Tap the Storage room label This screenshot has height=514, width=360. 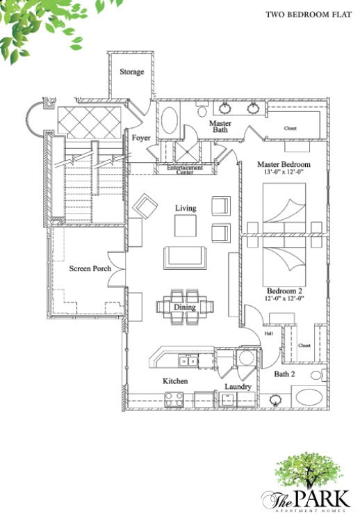[x=131, y=72]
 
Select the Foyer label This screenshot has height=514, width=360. [x=141, y=138]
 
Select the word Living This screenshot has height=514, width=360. [x=186, y=208]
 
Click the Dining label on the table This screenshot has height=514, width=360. [x=184, y=307]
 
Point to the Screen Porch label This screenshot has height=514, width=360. [x=86, y=268]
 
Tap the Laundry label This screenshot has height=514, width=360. [x=237, y=387]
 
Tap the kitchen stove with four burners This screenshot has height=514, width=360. [x=173, y=399]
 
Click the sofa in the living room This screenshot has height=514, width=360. [x=184, y=257]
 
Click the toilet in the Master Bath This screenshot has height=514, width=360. [x=202, y=111]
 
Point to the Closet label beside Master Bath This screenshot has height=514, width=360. [x=290, y=129]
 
